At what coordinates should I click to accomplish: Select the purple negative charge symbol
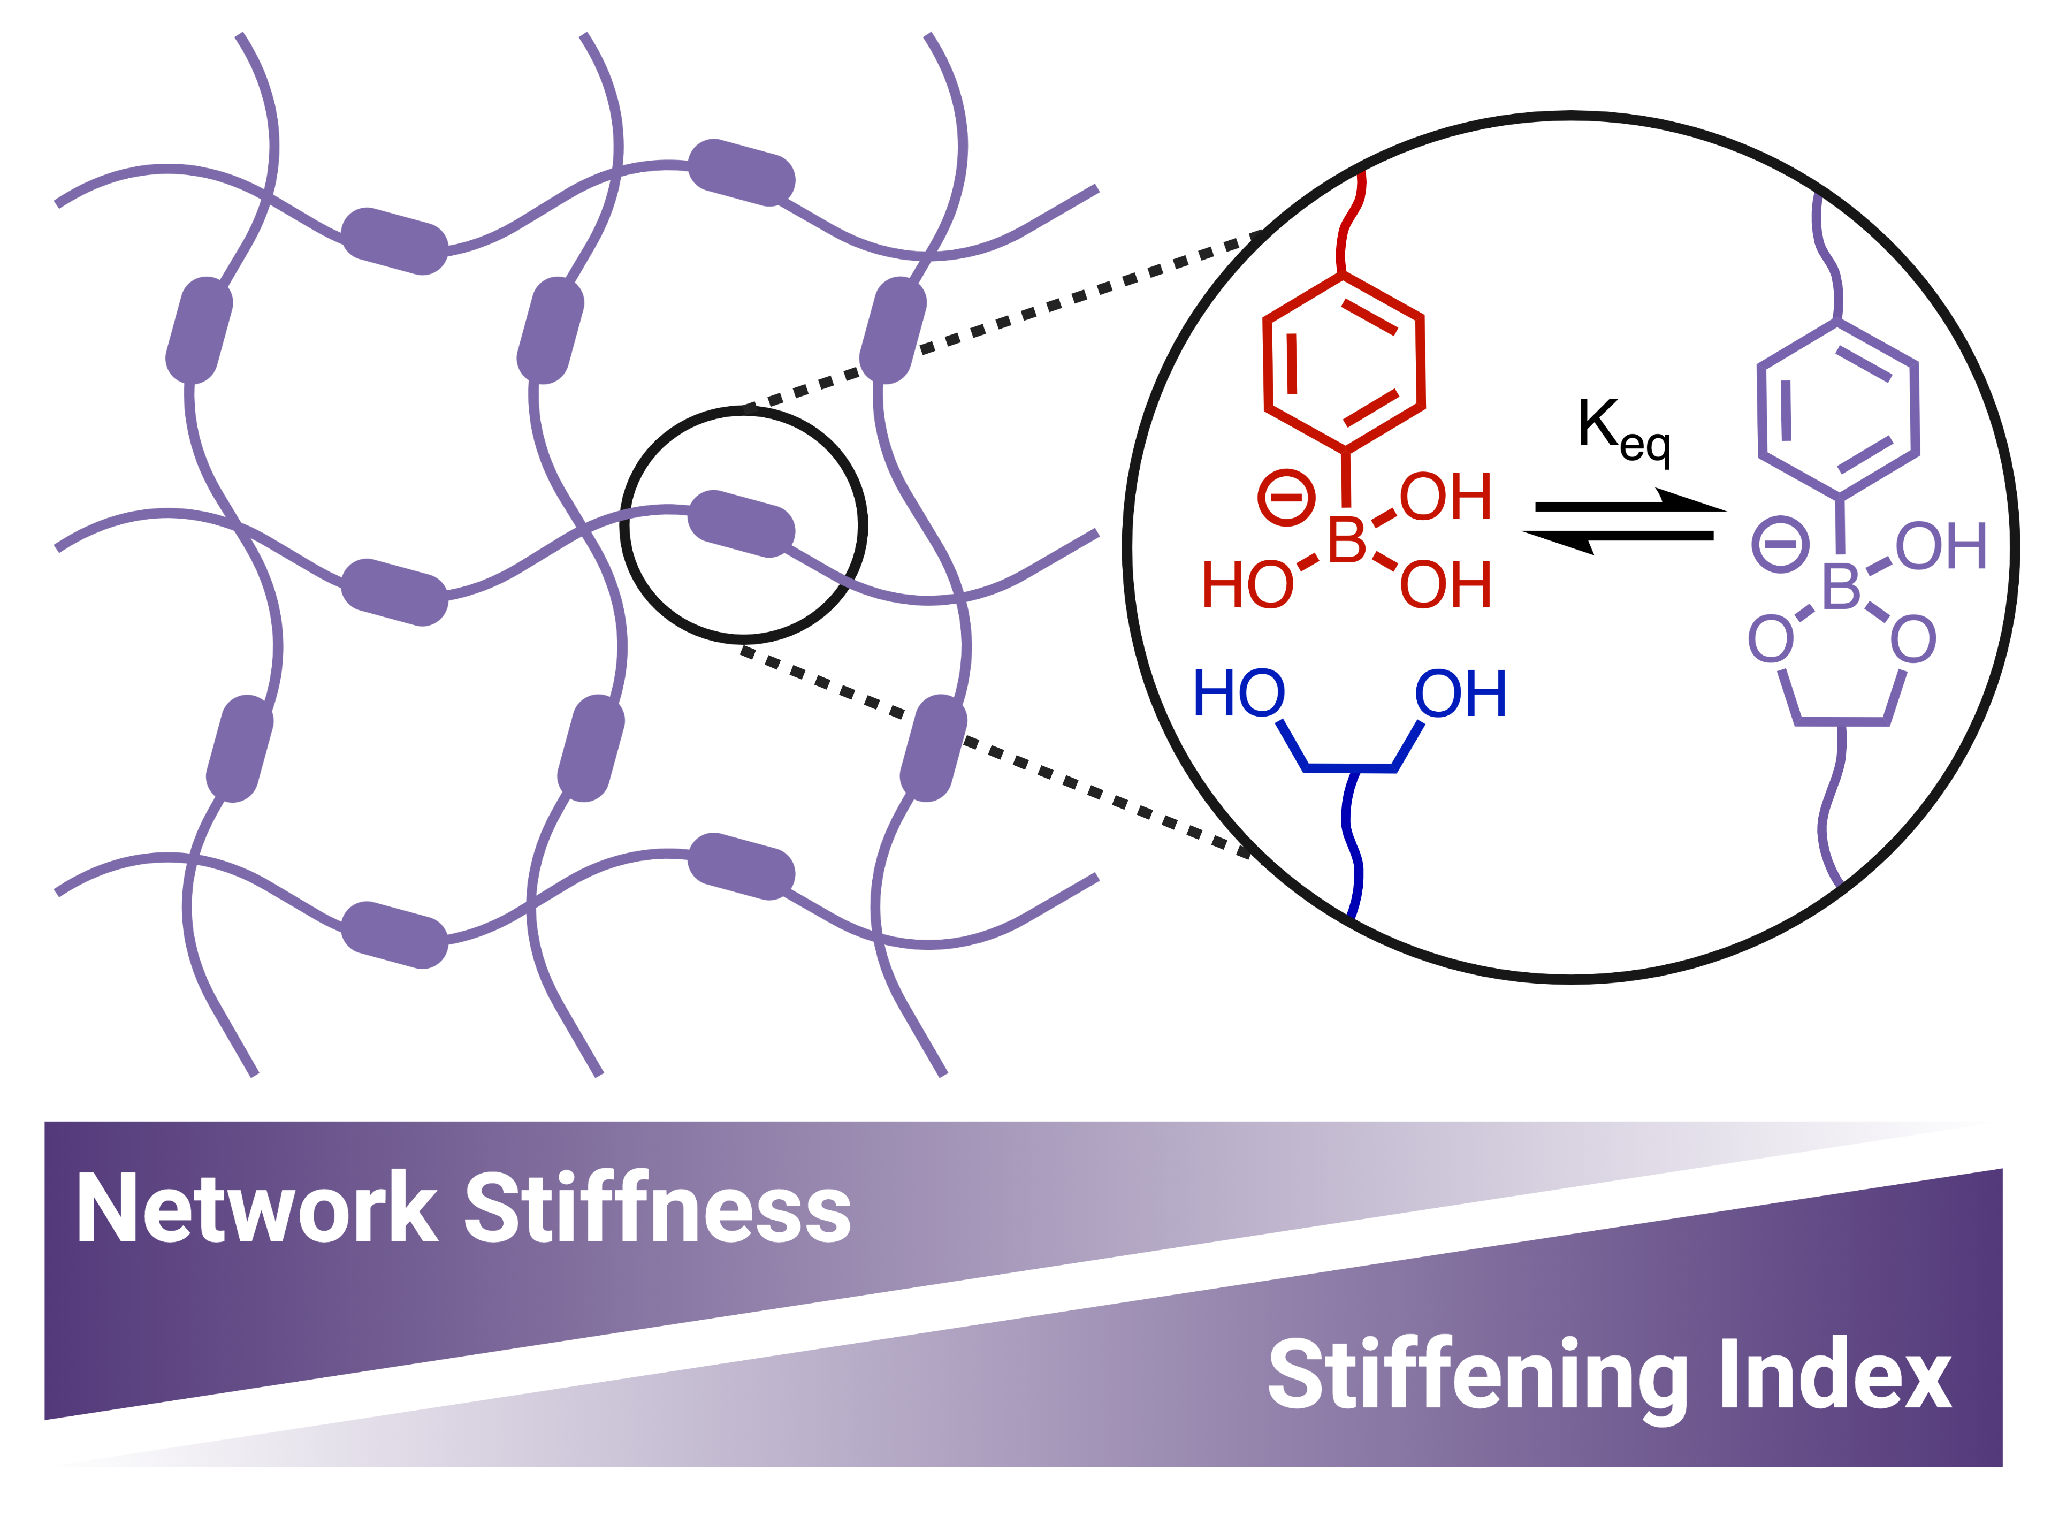(x=1780, y=544)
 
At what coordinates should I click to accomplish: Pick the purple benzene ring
(x=1839, y=409)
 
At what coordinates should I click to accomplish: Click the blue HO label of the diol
(x=1238, y=694)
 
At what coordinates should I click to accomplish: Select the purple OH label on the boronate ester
(x=1941, y=546)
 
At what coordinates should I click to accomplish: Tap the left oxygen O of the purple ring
(x=1771, y=639)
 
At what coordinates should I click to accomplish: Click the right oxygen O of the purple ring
(x=1913, y=639)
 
